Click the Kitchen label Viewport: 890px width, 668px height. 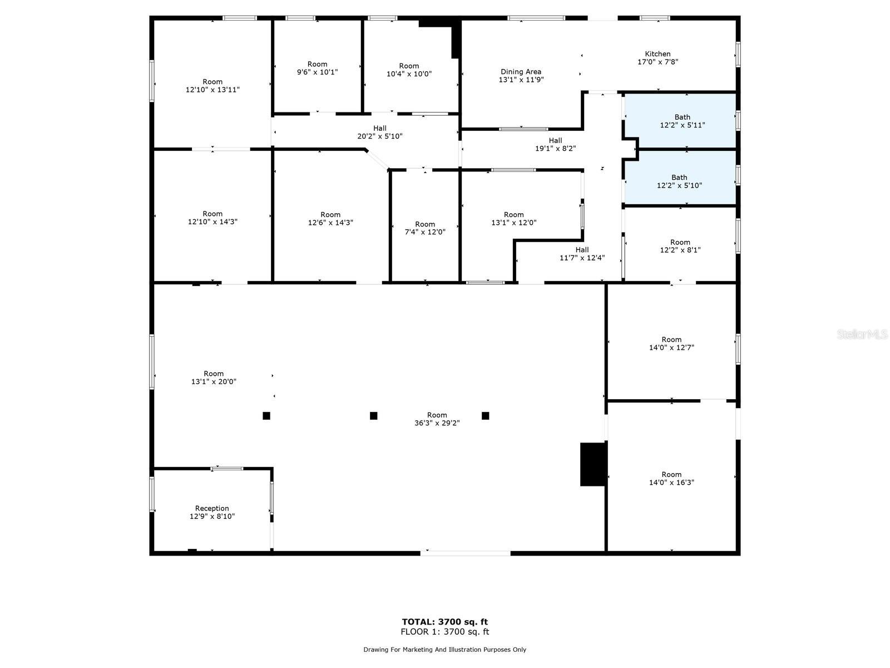[x=657, y=54]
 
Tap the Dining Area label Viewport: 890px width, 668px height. [x=521, y=72]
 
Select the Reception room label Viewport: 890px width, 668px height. [x=212, y=508]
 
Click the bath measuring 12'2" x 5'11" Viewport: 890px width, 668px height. [x=682, y=121]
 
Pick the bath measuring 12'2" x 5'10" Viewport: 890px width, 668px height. [x=679, y=181]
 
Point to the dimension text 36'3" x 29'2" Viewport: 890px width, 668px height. [x=437, y=423]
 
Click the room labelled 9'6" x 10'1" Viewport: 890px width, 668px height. [x=317, y=68]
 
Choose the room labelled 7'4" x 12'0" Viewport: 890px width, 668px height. [x=424, y=228]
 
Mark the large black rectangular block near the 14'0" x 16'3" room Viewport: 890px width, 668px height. [x=592, y=464]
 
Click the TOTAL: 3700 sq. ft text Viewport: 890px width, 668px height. [x=445, y=622]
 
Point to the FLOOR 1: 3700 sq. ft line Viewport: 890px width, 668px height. [x=445, y=632]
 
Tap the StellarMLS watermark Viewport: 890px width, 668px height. [x=862, y=335]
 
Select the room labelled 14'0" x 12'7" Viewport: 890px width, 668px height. [x=671, y=343]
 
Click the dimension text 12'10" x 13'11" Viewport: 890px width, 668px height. [x=212, y=90]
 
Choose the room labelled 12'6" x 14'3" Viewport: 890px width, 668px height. [x=330, y=219]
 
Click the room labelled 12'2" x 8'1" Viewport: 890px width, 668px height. [x=680, y=246]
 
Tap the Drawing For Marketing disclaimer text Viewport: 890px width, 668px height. [x=445, y=650]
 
